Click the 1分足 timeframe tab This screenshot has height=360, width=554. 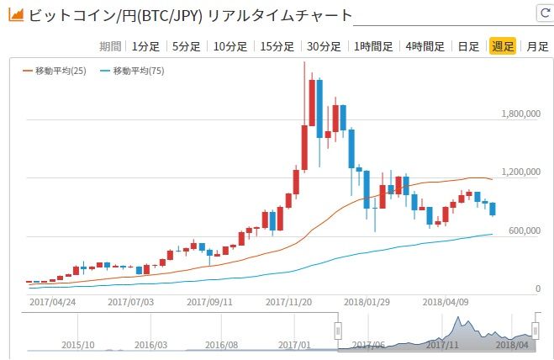pyautogui.click(x=145, y=46)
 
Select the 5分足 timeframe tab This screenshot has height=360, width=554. pyautogui.click(x=186, y=46)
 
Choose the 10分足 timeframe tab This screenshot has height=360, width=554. pyautogui.click(x=230, y=46)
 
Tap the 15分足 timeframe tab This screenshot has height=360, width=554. pyautogui.click(x=277, y=46)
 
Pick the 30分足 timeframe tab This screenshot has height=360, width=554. pyautogui.click(x=324, y=46)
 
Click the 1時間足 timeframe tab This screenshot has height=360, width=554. pyautogui.click(x=374, y=46)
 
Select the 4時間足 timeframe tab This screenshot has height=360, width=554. pyautogui.click(x=425, y=46)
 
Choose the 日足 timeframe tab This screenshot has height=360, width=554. pyautogui.click(x=468, y=46)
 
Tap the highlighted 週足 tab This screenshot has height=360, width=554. pyautogui.click(x=502, y=46)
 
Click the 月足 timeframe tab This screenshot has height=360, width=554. pyautogui.click(x=537, y=46)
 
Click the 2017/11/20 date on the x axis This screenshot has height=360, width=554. pyautogui.click(x=289, y=299)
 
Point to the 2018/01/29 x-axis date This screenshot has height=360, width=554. pyautogui.click(x=368, y=299)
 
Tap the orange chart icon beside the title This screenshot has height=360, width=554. pyautogui.click(x=14, y=15)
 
